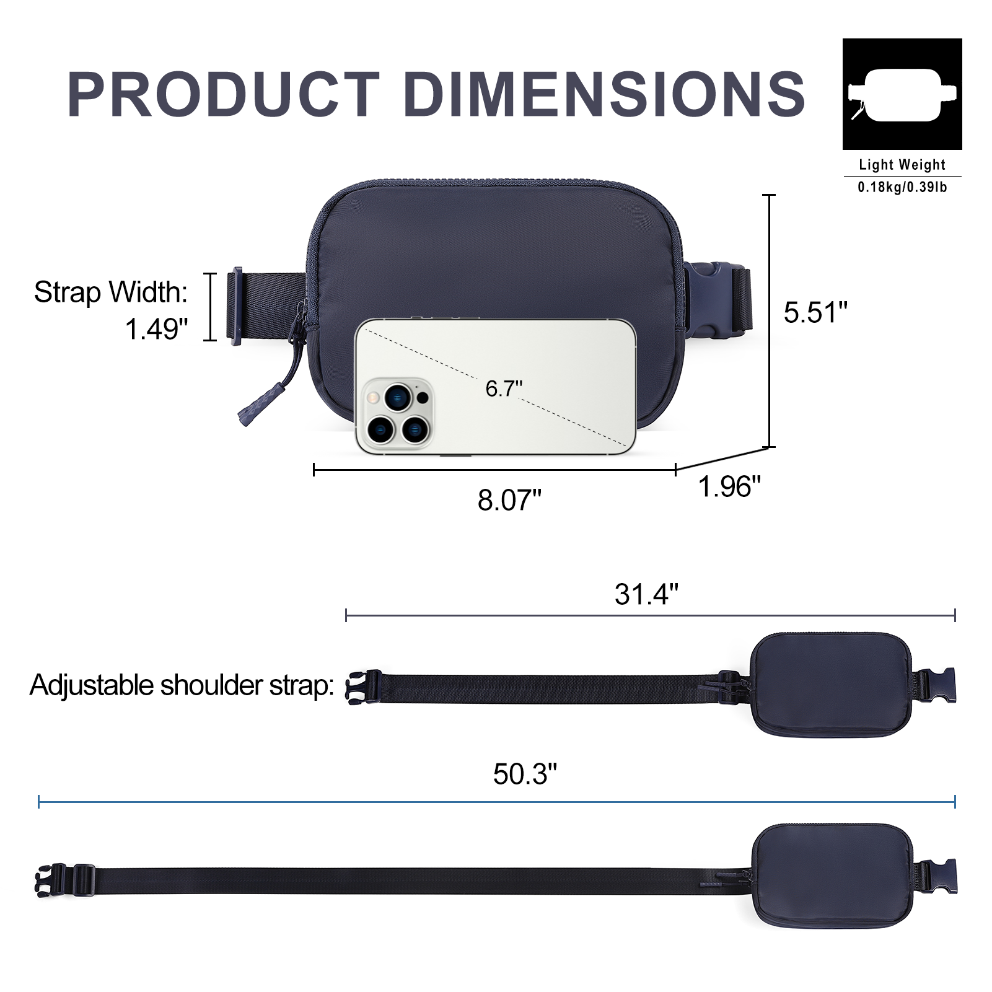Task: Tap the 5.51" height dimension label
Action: pyautogui.click(x=815, y=312)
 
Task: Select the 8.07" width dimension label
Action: pyautogui.click(x=509, y=500)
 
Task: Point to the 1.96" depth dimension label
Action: pyautogui.click(x=729, y=486)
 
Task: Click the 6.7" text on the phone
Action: pyautogui.click(x=504, y=388)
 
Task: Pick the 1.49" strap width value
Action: pyautogui.click(x=156, y=329)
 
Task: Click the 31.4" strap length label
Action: pyautogui.click(x=646, y=594)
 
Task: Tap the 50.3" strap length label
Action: pyautogui.click(x=525, y=774)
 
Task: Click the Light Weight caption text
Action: pyautogui.click(x=902, y=165)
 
